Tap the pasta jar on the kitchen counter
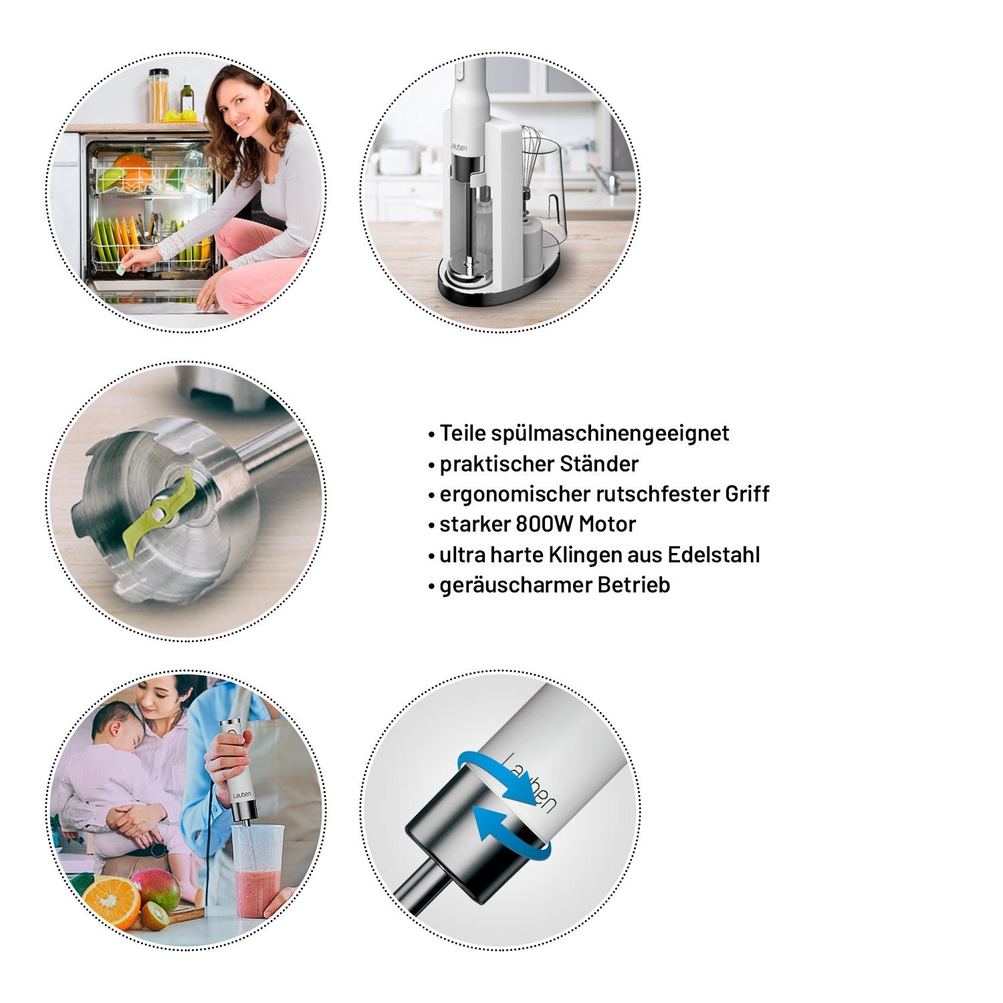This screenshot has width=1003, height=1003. click(x=158, y=96)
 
